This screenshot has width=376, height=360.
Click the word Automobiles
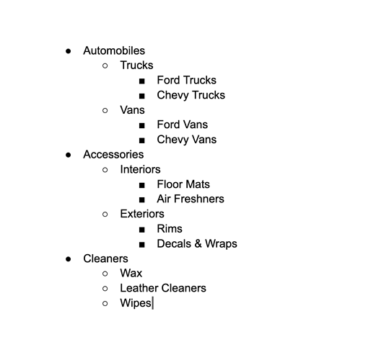(114, 50)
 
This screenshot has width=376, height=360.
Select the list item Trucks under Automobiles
(136, 66)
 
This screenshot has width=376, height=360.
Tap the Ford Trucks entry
(187, 80)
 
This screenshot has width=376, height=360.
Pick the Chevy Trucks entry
(191, 95)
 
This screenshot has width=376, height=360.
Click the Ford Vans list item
(183, 125)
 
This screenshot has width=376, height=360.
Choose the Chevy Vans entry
(187, 140)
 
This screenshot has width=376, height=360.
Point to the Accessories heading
(113, 154)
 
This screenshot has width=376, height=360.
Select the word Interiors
(140, 169)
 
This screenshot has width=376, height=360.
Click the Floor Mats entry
(183, 184)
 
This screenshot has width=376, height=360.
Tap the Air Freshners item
(191, 199)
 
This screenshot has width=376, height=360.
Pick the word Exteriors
(142, 214)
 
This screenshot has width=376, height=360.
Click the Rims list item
(170, 229)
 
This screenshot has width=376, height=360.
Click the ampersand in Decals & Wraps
(198, 243)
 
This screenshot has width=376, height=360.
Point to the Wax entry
(131, 273)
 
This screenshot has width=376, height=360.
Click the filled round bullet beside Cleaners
(69, 259)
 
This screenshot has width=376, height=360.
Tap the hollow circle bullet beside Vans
(105, 110)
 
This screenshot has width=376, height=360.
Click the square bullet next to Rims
(142, 230)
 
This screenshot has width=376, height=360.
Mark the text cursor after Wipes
(152, 303)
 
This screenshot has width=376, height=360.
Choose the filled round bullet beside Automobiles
(69, 51)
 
